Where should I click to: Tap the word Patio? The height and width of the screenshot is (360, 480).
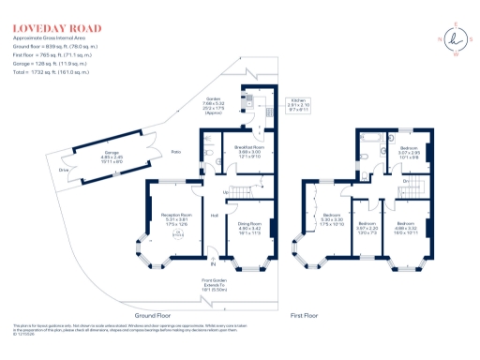pos(176,152)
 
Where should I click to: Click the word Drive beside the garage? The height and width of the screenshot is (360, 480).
pos(65,170)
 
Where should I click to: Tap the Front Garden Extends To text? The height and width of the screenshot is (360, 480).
pos(217,285)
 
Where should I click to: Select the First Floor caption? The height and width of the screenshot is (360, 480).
pos(307,316)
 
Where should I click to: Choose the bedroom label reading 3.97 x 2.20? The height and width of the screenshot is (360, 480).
pos(367,228)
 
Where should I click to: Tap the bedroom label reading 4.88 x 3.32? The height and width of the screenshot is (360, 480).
pos(407,228)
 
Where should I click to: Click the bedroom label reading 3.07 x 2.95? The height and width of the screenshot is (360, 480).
pos(410,153)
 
